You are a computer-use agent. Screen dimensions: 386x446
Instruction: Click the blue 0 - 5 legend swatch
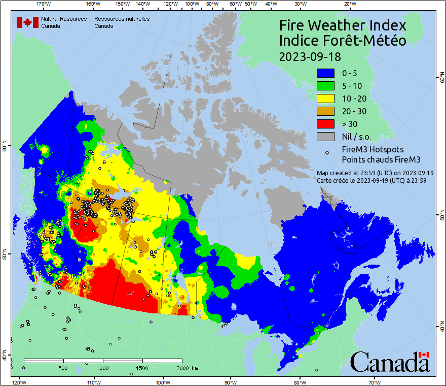[x=326, y=73]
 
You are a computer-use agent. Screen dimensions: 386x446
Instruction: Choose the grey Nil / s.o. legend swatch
[x=326, y=137]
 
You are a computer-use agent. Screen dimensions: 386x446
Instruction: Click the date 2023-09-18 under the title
[x=310, y=56]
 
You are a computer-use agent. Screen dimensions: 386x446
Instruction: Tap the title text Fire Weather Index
[x=343, y=25]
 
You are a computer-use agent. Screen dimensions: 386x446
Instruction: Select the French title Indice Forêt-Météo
[x=343, y=41]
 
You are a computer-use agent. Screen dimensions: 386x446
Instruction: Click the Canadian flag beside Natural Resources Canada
[x=26, y=22]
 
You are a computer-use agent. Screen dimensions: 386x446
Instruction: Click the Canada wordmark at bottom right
[x=390, y=362]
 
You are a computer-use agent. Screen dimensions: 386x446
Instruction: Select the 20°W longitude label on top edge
[x=349, y=4]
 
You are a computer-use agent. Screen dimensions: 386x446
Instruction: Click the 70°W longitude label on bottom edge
[x=375, y=382]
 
